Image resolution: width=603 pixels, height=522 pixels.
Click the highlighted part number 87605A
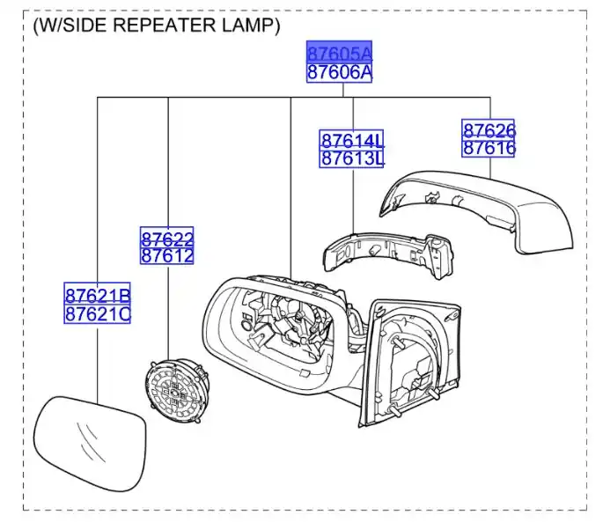[x=339, y=53]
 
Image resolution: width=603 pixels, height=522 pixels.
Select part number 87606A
[x=339, y=72]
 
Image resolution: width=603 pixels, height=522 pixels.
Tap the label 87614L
[x=352, y=141]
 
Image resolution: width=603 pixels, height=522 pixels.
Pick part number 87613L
[x=352, y=158]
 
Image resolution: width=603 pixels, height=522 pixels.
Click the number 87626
[x=489, y=130]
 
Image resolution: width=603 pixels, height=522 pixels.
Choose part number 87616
[x=489, y=148]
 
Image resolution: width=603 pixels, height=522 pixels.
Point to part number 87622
[x=167, y=238]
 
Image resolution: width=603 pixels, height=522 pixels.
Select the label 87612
[x=167, y=255]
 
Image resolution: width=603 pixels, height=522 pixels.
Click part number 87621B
[x=98, y=295]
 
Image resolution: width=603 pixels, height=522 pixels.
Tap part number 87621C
[x=98, y=313]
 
